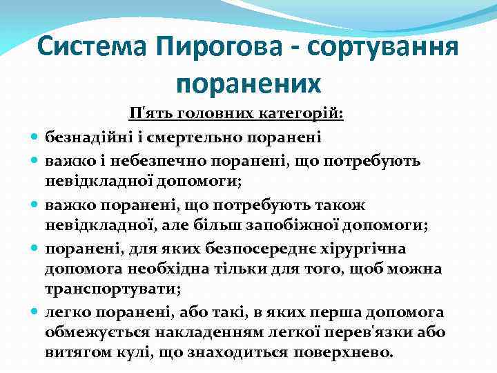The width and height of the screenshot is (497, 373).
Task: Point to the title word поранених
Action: pos(248,83)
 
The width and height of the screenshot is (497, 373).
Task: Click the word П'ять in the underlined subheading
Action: pos(148,114)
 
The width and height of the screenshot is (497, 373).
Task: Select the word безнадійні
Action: pos(84,137)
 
